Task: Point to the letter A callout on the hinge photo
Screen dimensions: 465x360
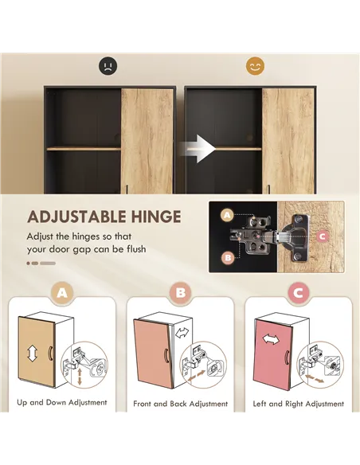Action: (x=227, y=215)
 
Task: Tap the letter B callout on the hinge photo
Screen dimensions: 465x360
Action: (x=227, y=257)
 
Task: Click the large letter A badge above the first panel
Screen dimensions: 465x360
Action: (x=62, y=294)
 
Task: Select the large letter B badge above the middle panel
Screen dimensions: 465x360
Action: (x=180, y=294)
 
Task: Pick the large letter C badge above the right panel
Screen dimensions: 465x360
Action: (x=298, y=294)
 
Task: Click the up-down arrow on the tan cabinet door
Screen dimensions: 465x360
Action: (x=31, y=350)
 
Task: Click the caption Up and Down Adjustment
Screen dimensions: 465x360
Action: (x=62, y=403)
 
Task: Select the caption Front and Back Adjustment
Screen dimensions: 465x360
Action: (x=180, y=404)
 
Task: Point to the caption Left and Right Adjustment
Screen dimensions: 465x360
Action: (x=298, y=404)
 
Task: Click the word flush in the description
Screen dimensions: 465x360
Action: (x=132, y=250)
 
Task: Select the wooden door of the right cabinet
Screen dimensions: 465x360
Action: (x=288, y=141)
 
